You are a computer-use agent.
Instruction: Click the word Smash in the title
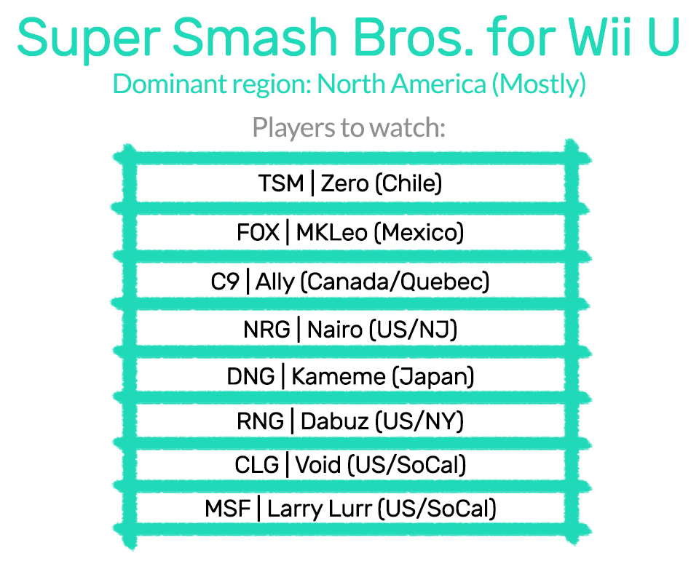(254, 37)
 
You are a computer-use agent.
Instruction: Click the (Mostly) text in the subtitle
(539, 84)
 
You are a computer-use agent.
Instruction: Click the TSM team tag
(281, 183)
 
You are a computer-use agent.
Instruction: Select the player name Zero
(344, 183)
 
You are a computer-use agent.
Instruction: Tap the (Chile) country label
(408, 183)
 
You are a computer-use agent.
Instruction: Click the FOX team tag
(258, 233)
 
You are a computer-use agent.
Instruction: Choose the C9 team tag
(225, 282)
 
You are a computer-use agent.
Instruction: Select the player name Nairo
(335, 330)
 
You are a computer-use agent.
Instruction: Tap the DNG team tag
(250, 376)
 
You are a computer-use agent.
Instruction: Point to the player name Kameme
(339, 376)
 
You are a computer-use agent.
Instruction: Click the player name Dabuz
(335, 421)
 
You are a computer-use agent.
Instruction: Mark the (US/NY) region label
(419, 421)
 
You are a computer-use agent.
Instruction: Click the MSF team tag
(227, 509)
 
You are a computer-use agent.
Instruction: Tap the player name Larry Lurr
(319, 509)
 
